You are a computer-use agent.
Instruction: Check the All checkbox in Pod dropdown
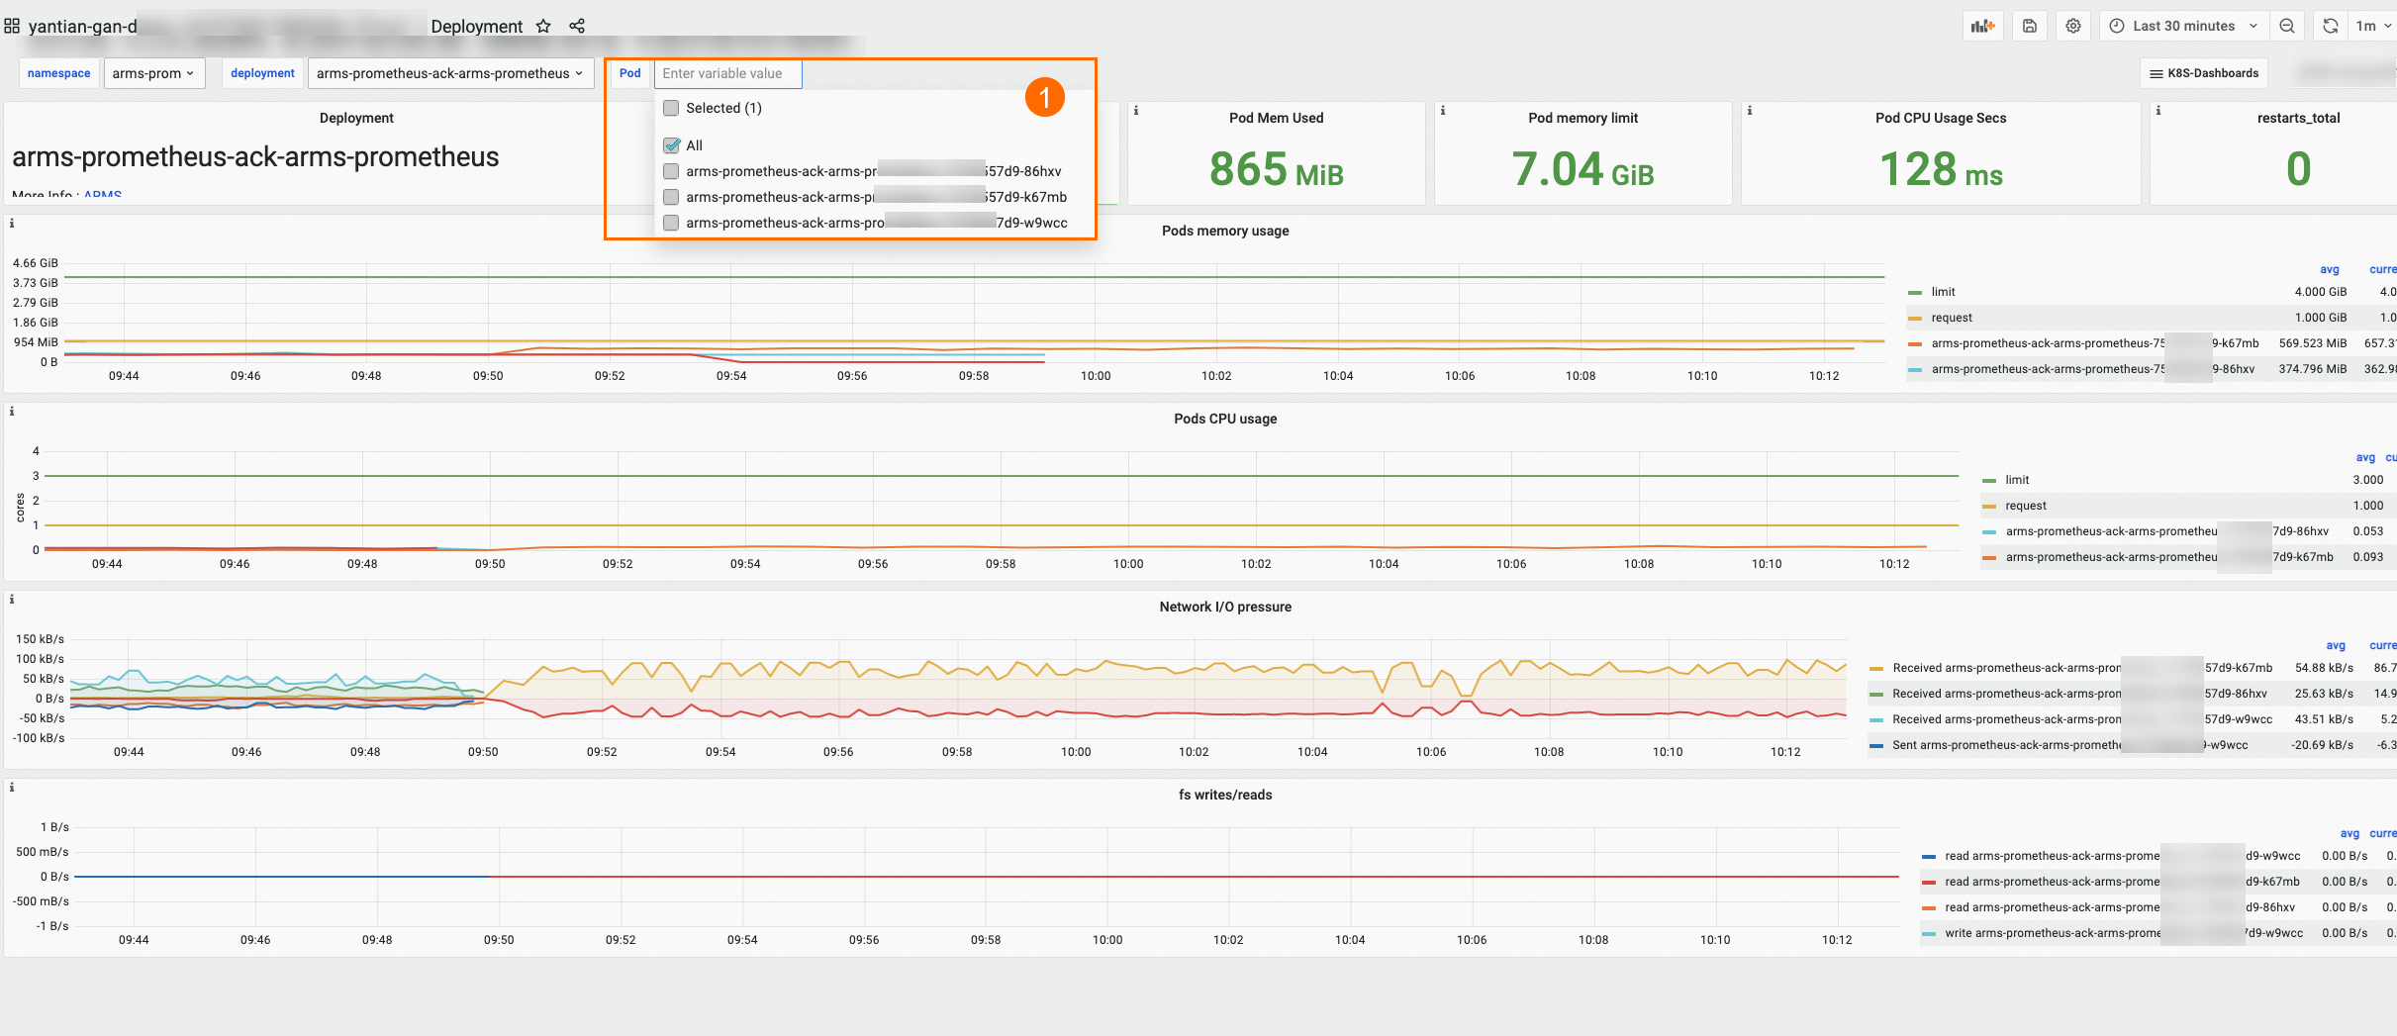(672, 145)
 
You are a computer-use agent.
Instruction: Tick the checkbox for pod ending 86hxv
(672, 171)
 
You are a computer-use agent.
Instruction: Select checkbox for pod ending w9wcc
(672, 223)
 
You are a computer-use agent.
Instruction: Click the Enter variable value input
(727, 73)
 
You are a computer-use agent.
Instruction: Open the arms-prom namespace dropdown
(153, 73)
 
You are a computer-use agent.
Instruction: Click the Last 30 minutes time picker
(2182, 26)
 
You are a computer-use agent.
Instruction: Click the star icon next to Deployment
(543, 27)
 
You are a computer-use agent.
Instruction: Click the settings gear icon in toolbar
(2073, 26)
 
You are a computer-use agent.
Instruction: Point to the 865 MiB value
(1276, 169)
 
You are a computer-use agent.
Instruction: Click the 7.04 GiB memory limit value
(1582, 169)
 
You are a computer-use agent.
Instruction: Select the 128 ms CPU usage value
(1940, 169)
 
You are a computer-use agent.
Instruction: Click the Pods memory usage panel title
(1225, 231)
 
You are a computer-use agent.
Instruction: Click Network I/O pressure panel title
(1225, 607)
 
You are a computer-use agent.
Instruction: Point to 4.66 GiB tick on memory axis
(36, 263)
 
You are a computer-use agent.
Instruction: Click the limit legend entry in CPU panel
(2016, 480)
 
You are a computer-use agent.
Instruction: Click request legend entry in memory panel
(1951, 318)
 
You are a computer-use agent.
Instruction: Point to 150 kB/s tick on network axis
(40, 639)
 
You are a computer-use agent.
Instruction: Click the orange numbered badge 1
(1044, 97)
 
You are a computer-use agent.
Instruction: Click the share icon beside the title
(577, 27)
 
